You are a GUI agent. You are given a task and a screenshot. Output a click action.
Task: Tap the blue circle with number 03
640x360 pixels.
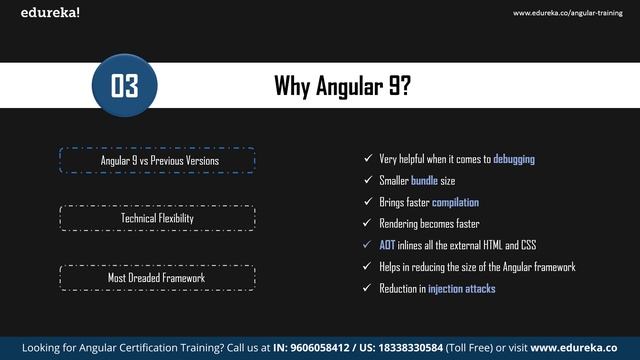[124, 87]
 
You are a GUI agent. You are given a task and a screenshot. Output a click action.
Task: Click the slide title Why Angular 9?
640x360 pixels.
[342, 87]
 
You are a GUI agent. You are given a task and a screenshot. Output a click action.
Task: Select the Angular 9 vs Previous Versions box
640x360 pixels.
[158, 160]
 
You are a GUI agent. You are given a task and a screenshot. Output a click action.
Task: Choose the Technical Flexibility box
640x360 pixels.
[158, 218]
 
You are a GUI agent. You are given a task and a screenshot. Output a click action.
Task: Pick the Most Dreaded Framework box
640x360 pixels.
[158, 277]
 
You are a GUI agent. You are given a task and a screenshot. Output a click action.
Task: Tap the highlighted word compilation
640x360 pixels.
[455, 202]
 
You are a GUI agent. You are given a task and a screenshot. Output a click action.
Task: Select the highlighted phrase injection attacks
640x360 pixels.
[462, 289]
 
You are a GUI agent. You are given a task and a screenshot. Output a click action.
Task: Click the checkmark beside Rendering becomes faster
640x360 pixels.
[368, 224]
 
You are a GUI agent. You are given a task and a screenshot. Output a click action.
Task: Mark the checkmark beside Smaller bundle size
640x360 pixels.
[368, 181]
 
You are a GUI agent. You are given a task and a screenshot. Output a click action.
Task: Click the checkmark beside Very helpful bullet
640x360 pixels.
[368, 159]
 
